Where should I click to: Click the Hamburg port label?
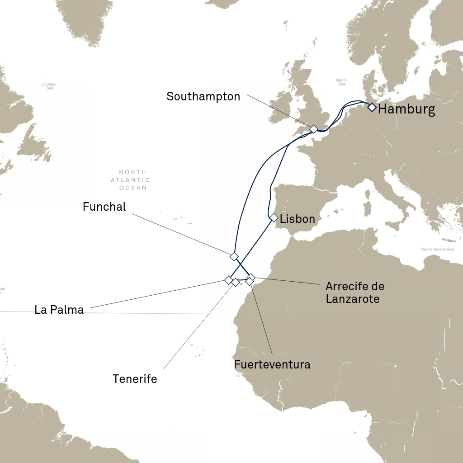coord(406,109)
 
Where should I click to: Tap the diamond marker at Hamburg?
coord(372,107)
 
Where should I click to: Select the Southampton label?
coord(203,96)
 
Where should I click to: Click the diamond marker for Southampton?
coord(314,129)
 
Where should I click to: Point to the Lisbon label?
coord(297,219)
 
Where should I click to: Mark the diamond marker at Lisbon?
coord(274,217)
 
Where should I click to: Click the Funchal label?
coord(104,207)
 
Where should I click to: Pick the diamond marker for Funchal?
coord(234,256)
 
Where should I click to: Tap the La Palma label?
coord(59,310)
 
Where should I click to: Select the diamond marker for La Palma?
coord(228,280)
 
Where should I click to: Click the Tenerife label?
coord(135,379)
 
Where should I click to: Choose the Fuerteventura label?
coord(272,364)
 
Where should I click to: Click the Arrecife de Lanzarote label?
coord(354,293)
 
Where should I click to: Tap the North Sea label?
coord(341,82)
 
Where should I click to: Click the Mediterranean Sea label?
coord(437,249)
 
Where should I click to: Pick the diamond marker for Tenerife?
coord(236,283)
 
